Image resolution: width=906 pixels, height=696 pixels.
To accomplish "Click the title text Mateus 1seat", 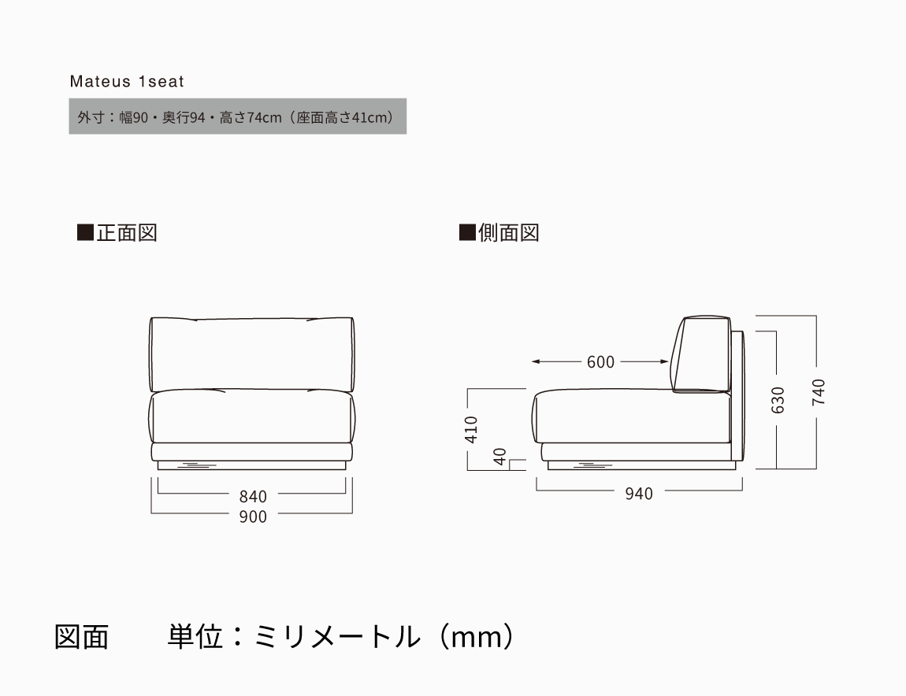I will (x=126, y=81).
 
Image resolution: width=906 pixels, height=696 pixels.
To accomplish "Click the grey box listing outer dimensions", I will (x=237, y=117).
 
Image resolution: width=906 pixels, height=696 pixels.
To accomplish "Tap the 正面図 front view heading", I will (x=126, y=233).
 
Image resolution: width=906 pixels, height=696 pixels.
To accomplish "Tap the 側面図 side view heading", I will (x=508, y=233).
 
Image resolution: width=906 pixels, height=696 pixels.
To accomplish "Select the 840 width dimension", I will (x=253, y=496).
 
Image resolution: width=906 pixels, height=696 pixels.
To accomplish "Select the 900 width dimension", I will (x=253, y=516).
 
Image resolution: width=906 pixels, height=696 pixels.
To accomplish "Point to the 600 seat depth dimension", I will (x=600, y=362).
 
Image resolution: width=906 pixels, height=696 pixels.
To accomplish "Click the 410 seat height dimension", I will (x=472, y=429).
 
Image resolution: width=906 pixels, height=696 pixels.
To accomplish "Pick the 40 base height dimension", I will (x=499, y=457).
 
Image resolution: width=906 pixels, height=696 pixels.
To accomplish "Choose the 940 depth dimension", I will (x=638, y=494).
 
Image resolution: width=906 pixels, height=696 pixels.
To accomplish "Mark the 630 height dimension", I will (x=778, y=400).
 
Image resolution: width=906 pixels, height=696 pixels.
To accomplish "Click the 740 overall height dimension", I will (x=819, y=392).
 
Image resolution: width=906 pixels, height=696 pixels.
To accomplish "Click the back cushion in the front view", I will (x=252, y=353).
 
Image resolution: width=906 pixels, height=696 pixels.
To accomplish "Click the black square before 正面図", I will (x=85, y=233).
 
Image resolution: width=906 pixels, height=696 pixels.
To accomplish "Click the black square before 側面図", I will (x=467, y=233).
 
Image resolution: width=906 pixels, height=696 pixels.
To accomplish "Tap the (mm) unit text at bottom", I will (x=477, y=636).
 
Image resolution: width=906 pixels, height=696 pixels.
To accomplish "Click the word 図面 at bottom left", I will (x=81, y=636).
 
